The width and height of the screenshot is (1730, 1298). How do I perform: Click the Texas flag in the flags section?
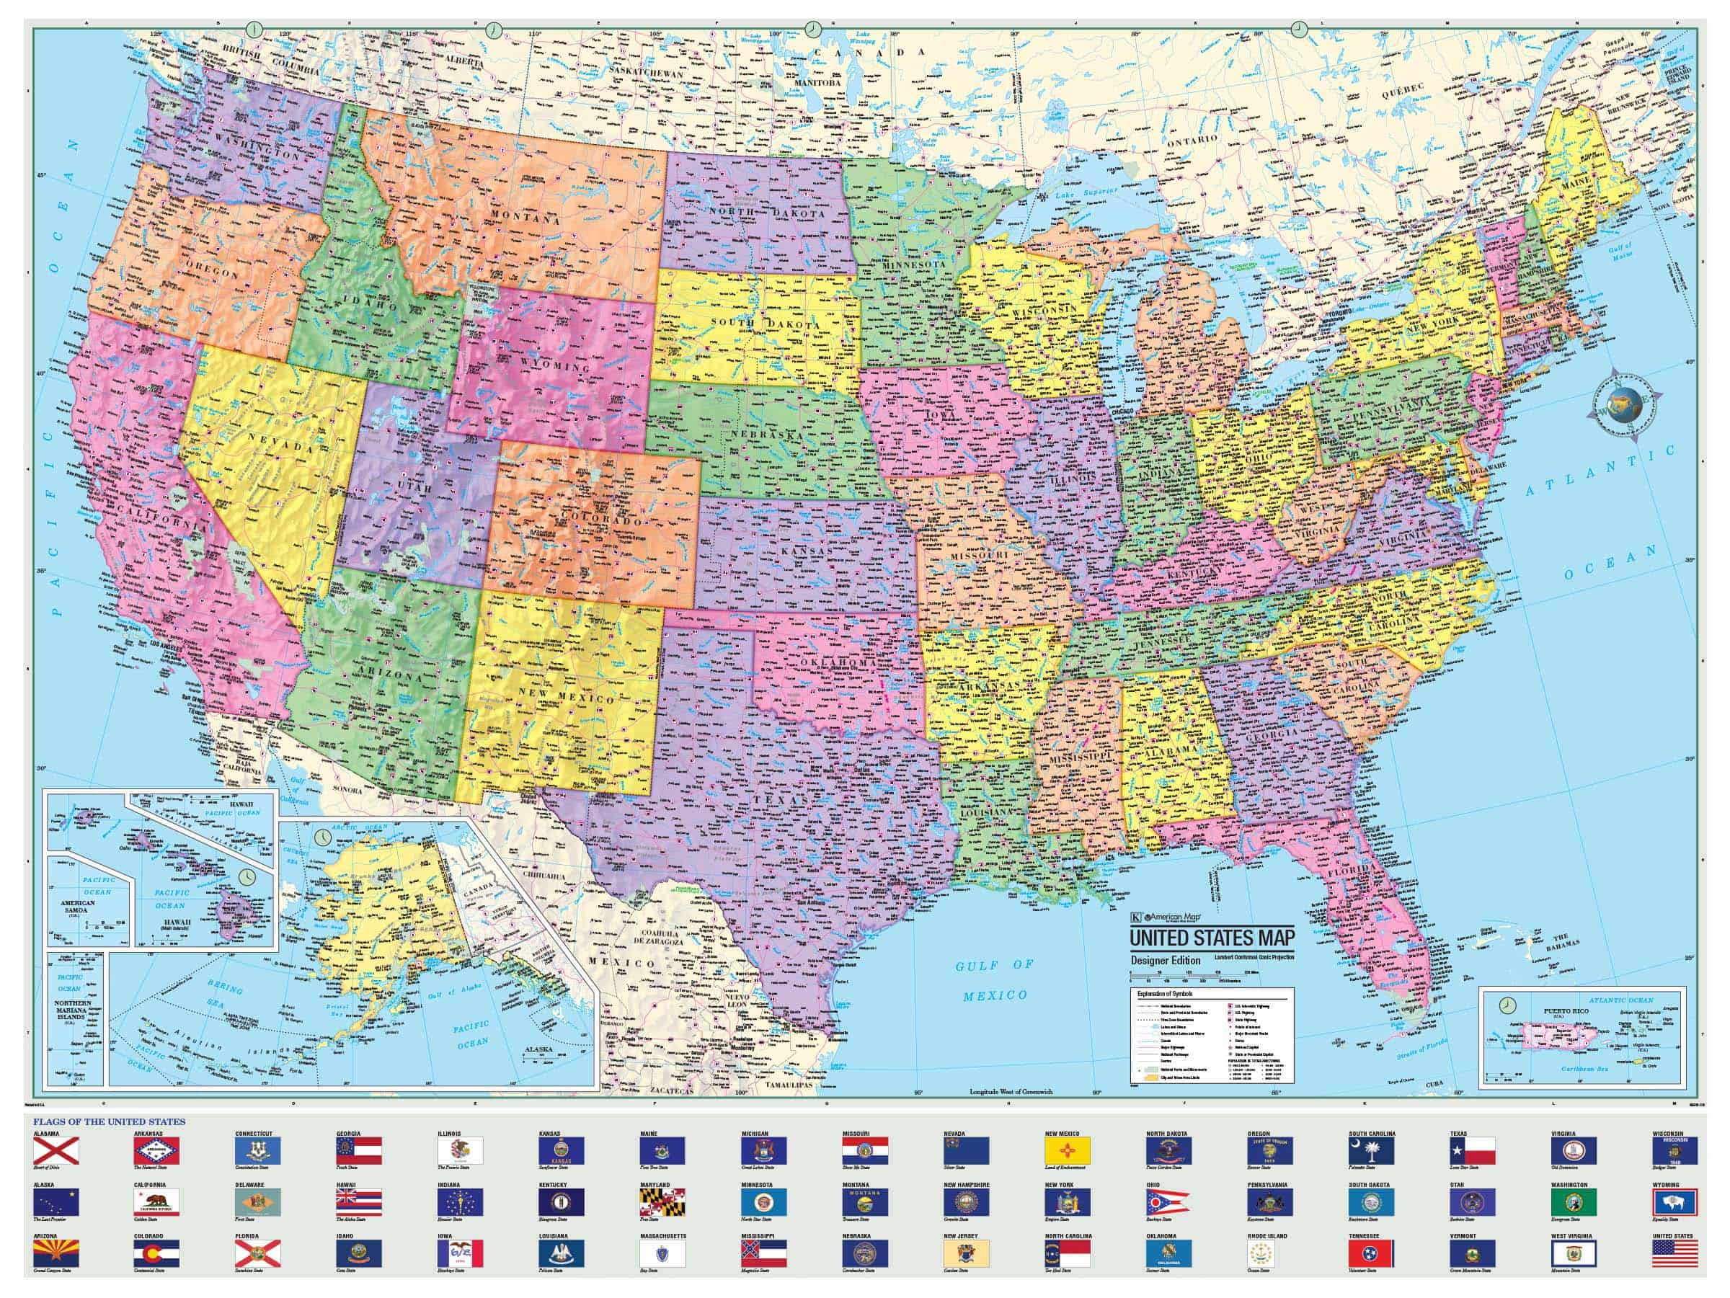pyautogui.click(x=1473, y=1151)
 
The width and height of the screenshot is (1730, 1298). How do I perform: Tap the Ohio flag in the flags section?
pyautogui.click(x=1170, y=1202)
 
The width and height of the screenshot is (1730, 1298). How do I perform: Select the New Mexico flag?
pyautogui.click(x=1068, y=1151)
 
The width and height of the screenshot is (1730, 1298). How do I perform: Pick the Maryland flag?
pyautogui.click(x=662, y=1202)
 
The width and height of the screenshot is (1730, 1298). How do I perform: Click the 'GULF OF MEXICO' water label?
pyautogui.click(x=995, y=979)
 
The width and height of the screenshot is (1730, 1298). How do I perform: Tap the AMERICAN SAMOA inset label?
pyautogui.click(x=77, y=908)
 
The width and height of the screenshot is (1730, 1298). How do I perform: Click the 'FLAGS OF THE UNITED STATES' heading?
pyautogui.click(x=109, y=1121)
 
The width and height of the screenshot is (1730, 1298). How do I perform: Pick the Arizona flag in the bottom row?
pyautogui.click(x=56, y=1253)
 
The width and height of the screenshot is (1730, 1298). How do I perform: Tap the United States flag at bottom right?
pyautogui.click(x=1674, y=1253)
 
